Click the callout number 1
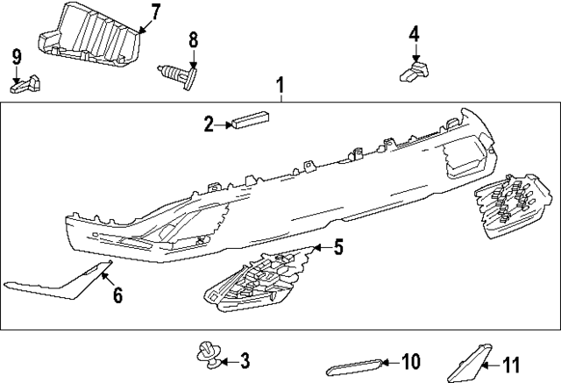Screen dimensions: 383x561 tap(280, 86)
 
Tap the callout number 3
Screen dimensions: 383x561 tap(245, 359)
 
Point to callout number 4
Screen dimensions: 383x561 tap(414, 34)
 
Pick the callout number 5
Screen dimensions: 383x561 tap(338, 248)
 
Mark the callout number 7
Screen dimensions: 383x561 tap(155, 12)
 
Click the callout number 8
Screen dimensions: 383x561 tap(194, 39)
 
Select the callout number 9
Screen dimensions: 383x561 tap(16, 57)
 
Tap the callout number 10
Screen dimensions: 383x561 tap(410, 360)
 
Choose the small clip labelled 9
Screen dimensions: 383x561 tap(27, 84)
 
